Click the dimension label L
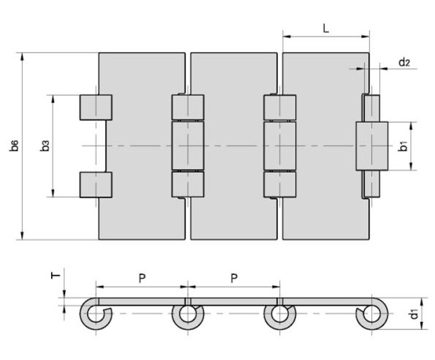[x=326, y=28]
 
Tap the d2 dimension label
[x=404, y=62]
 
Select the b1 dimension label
[x=403, y=146]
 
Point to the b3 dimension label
[x=45, y=146]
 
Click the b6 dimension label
[x=14, y=146]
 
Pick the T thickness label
[x=56, y=275]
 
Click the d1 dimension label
[x=413, y=314]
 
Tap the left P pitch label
[x=142, y=278]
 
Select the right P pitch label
[x=234, y=278]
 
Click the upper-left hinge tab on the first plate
[x=96, y=108]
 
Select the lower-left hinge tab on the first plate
[x=96, y=185]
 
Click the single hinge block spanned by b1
[x=371, y=146]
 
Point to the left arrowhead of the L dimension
[x=287, y=37]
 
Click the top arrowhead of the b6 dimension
[x=23, y=56]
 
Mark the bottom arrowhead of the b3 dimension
[x=53, y=193]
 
